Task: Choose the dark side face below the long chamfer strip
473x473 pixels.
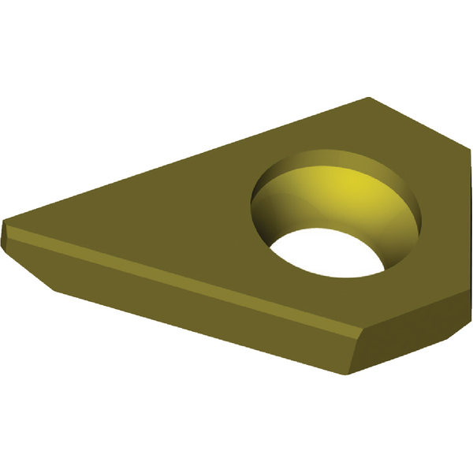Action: click(197, 315)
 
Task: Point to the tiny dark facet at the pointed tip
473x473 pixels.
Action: click(7, 236)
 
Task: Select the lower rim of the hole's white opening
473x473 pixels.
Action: click(331, 275)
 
